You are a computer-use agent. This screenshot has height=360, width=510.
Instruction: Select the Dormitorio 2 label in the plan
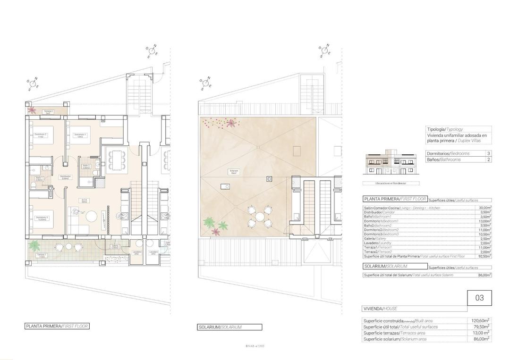[x=41, y=135]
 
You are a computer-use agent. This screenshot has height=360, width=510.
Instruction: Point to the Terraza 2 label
[x=49, y=112]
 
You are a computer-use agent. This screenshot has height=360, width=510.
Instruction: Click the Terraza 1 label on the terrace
[x=42, y=255]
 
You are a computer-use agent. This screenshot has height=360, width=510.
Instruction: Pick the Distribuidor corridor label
[x=65, y=177]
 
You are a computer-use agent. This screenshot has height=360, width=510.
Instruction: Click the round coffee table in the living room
[x=91, y=216]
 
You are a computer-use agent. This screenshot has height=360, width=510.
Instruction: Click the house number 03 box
[x=479, y=298]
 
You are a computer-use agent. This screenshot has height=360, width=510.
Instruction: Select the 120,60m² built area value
[x=481, y=321]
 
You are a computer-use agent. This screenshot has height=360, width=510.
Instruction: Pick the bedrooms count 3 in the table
[x=488, y=154]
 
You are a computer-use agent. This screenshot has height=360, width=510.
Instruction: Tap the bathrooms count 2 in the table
[x=488, y=160]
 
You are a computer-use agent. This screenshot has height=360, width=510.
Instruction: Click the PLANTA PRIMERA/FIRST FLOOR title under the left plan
[x=56, y=326]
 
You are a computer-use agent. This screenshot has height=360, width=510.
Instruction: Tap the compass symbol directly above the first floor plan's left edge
[x=33, y=84]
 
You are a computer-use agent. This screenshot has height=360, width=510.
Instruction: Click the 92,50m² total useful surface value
[x=483, y=256]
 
